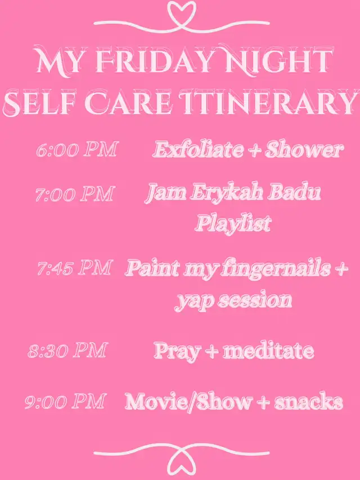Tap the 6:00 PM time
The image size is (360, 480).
coord(77,150)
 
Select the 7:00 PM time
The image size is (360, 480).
coord(75,194)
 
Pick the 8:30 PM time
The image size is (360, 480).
coord(67,351)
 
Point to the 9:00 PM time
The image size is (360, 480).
coord(65,401)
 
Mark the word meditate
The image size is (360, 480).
coord(268,351)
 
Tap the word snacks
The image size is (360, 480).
coord(309,401)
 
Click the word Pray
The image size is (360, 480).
coord(178,352)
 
